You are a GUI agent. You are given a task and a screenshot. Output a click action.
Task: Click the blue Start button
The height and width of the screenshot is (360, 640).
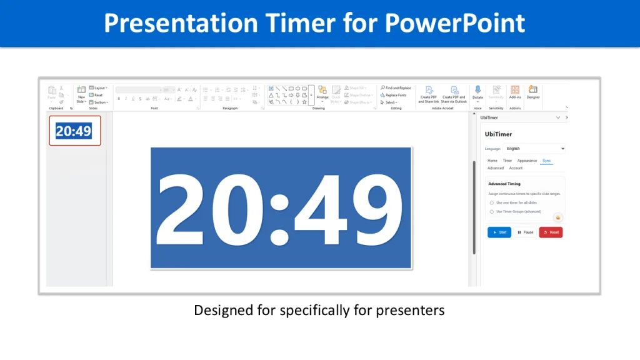499,232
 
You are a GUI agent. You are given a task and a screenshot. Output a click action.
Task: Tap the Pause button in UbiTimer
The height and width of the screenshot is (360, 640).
525,232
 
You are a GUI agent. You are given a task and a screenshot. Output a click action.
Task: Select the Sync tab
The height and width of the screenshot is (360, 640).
547,161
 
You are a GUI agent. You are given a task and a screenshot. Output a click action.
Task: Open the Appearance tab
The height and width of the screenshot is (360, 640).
527,161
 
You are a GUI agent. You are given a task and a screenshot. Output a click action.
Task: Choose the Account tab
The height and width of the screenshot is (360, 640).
516,168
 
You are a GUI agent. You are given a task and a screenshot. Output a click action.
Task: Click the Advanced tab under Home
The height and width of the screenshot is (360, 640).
496,168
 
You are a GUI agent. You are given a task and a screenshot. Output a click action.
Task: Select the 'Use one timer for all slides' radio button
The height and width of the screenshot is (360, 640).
492,202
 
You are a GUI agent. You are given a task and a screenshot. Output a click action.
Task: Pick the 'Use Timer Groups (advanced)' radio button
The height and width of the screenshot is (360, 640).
492,212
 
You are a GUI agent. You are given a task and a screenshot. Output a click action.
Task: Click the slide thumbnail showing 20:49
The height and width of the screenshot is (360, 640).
74,131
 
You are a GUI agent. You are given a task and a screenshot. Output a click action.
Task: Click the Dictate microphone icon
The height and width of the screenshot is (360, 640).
477,91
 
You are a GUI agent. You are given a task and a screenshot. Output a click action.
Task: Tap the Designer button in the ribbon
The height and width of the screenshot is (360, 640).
533,91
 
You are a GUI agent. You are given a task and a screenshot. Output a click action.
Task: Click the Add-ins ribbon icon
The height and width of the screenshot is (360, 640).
515,91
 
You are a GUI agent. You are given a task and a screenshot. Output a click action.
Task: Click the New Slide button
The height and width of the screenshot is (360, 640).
81,92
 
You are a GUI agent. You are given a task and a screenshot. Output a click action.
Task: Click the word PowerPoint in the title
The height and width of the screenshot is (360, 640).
455,23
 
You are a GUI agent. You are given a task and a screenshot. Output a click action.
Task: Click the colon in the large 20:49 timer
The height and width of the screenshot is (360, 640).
280,209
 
